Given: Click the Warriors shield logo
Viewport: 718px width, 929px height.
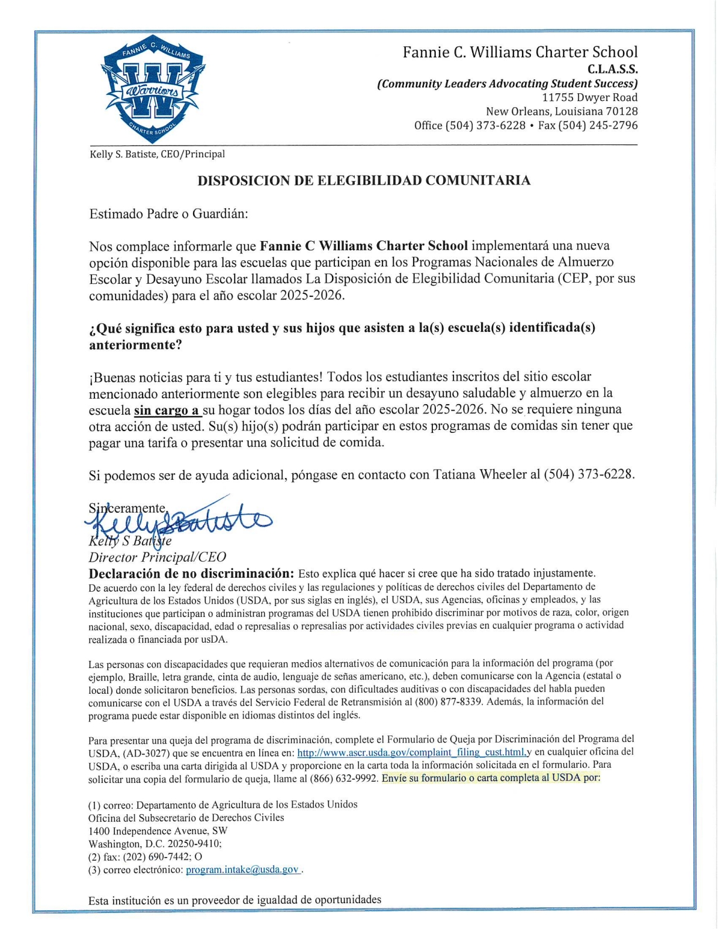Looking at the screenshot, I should [153, 88].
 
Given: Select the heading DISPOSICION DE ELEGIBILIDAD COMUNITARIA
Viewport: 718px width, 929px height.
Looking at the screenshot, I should [364, 181].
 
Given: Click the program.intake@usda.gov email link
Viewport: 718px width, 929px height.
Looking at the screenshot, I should [242, 870].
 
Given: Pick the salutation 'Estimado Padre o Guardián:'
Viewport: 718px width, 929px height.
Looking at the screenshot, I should [169, 214].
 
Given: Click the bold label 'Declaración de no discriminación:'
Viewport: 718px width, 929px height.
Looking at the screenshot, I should [191, 573].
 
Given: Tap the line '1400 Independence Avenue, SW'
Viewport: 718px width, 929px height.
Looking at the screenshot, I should [158, 831].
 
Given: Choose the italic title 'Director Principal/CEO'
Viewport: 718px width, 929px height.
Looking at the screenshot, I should [157, 557].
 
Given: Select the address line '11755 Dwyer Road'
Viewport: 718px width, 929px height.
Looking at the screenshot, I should [590, 97].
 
